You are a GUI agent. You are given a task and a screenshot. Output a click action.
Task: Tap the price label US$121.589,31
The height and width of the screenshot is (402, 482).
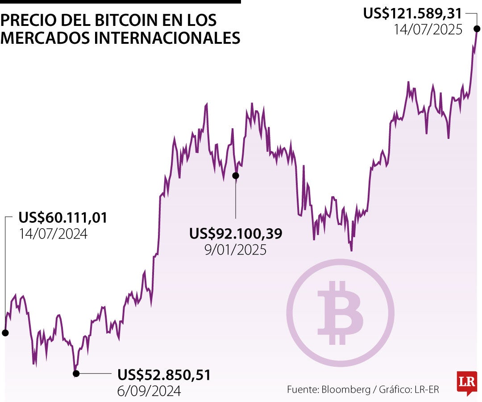tap(412, 13)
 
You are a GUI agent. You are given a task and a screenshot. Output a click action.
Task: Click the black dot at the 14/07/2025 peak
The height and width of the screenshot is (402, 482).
tap(477, 29)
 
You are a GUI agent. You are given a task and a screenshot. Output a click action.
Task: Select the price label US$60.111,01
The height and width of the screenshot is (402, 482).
tap(63, 218)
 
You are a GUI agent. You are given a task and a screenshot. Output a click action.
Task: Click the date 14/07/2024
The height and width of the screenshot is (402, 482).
tap(53, 234)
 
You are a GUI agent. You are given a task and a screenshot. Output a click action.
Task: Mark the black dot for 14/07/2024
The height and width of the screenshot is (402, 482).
tap(5, 333)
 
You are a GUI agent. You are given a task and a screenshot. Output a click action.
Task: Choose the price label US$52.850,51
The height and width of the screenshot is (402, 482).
tap(164, 375)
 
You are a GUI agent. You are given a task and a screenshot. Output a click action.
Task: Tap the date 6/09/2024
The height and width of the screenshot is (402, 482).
tap(149, 391)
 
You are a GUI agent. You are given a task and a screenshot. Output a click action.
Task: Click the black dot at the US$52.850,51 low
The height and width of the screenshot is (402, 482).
tap(76, 373)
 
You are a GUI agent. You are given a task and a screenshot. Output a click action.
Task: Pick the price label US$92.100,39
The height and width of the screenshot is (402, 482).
tap(236, 233)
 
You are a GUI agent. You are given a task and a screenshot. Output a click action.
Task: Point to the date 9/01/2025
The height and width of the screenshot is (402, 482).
tap(235, 249)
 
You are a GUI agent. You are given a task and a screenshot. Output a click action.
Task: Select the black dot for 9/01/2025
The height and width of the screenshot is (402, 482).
tap(236, 176)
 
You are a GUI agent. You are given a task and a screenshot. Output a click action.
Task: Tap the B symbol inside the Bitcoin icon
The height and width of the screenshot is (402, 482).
tap(339, 313)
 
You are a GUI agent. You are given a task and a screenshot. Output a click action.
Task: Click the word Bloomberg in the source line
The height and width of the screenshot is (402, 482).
tap(345, 389)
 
